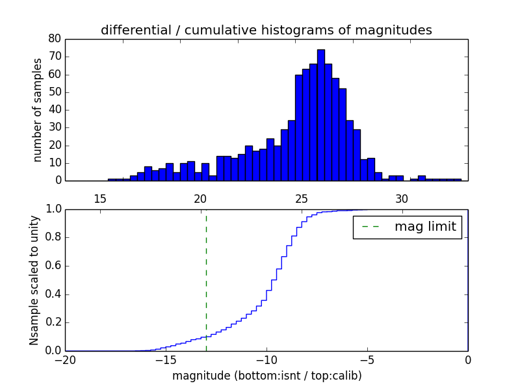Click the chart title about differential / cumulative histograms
pyautogui.click(x=266, y=30)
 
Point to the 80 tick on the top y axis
pyautogui.click(x=55, y=39)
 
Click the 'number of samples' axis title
pyautogui.click(x=38, y=110)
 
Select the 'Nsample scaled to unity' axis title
pyautogui.click(x=34, y=279)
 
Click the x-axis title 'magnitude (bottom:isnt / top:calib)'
pyautogui.click(x=266, y=376)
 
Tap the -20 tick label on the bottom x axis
pyautogui.click(x=65, y=360)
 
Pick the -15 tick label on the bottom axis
pyautogui.click(x=166, y=360)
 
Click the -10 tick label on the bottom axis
pyautogui.click(x=266, y=360)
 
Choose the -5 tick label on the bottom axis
pyautogui.click(x=367, y=360)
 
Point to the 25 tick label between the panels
pyautogui.click(x=302, y=198)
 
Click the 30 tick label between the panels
pyautogui.click(x=402, y=198)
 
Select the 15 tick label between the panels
pyautogui.click(x=100, y=198)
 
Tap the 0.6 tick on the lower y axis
pyautogui.click(x=53, y=266)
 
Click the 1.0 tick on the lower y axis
pyautogui.click(x=53, y=209)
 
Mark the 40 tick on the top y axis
pyautogui.click(x=55, y=110)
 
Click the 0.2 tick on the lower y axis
pyautogui.click(x=53, y=322)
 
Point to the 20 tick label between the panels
pyautogui.click(x=201, y=198)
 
